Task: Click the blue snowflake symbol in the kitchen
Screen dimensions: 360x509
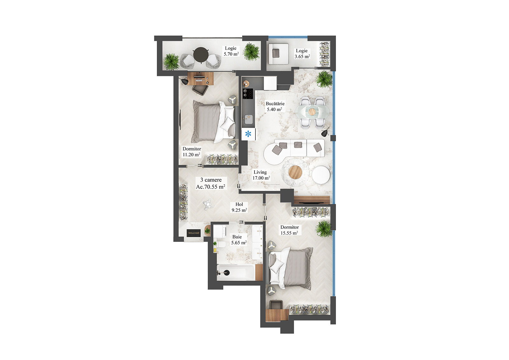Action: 248,134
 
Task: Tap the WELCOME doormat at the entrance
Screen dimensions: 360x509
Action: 193,233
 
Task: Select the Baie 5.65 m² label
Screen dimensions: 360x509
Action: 239,240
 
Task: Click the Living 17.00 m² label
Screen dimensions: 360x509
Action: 261,175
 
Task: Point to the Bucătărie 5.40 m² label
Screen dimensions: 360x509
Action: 275,106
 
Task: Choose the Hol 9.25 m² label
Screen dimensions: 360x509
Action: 239,207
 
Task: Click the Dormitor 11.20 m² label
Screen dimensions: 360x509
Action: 192,152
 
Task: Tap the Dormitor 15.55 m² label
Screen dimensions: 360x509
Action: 289,230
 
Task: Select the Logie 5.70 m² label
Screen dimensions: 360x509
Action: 231,51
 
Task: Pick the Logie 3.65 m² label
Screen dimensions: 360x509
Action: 302,53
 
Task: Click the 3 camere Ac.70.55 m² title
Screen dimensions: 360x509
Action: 211,183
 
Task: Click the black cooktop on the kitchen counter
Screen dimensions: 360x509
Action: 248,93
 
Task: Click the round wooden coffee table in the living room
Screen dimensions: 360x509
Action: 295,172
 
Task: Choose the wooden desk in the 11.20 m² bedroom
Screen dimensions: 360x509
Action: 200,78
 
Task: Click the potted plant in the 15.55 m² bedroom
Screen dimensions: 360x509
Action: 324,228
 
